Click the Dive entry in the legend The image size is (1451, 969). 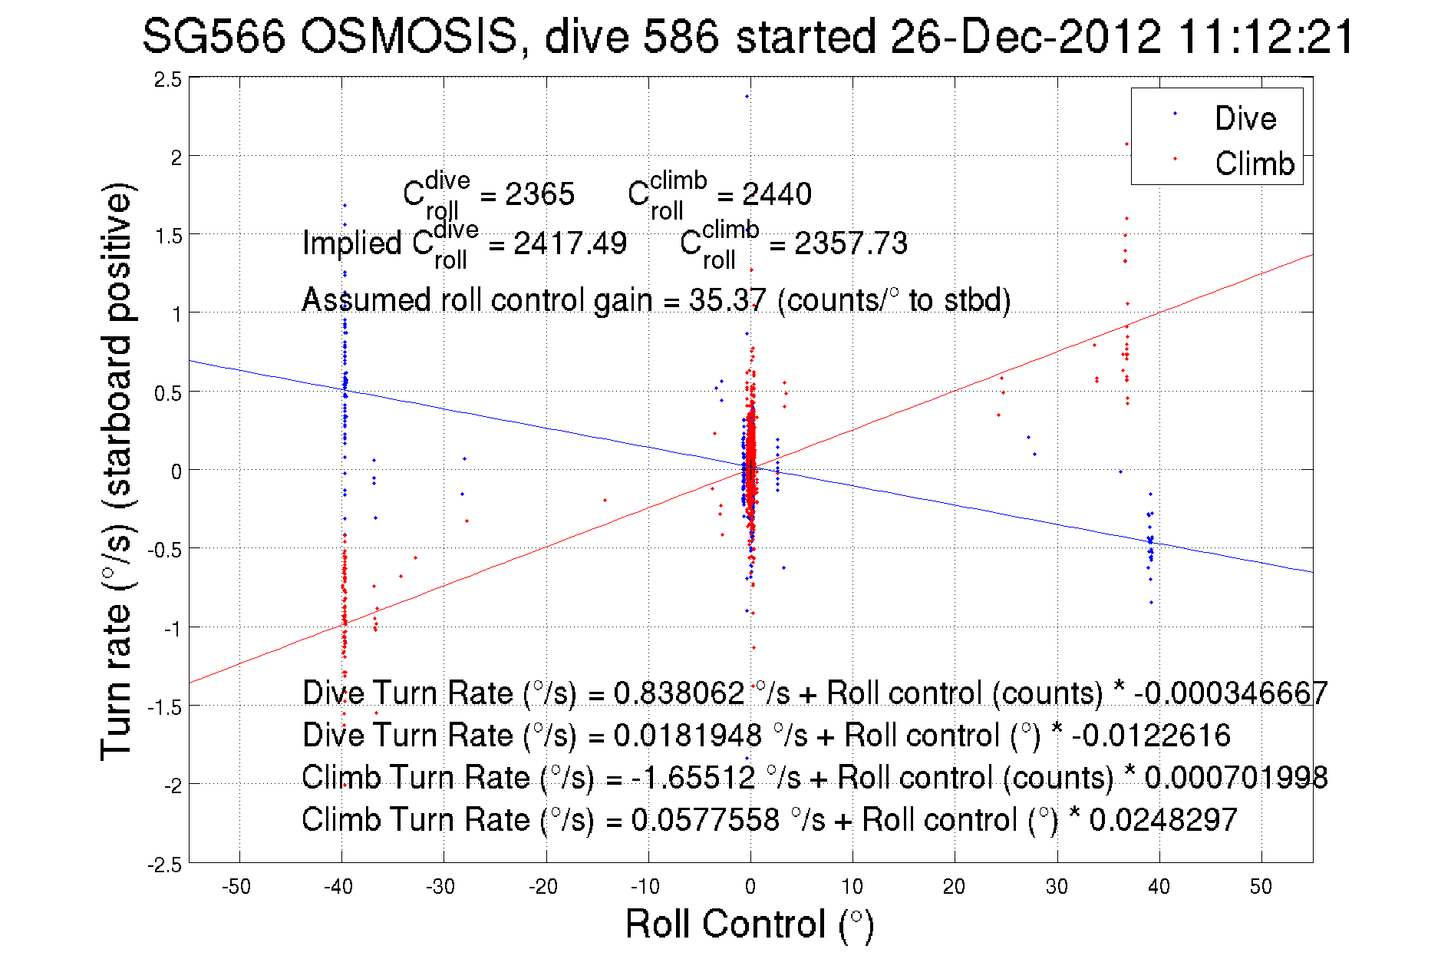click(1245, 118)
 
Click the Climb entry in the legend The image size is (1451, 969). click(1254, 164)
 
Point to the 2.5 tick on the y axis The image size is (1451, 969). click(168, 80)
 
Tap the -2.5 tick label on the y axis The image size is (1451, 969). click(165, 865)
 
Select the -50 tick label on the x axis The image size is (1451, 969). click(236, 887)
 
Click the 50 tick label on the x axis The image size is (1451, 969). click(1261, 887)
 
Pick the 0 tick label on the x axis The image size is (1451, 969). click(750, 887)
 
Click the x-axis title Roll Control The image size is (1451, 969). click(749, 924)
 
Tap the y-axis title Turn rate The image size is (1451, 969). click(116, 471)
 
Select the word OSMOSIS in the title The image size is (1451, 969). click(408, 36)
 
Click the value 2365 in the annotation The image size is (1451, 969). click(539, 194)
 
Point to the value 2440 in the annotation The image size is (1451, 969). click(777, 194)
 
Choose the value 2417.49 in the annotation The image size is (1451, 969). click(569, 243)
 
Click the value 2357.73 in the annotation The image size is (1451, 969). click(850, 243)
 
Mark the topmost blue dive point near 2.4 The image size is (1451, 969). click(747, 97)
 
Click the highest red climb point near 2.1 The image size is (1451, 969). click(1126, 144)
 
